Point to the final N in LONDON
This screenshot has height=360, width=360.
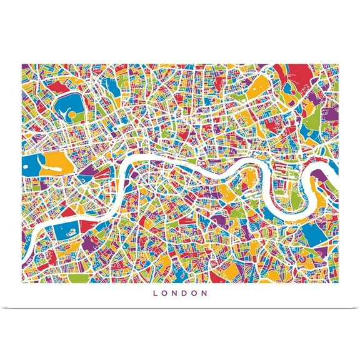pyautogui.click(x=205, y=292)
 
